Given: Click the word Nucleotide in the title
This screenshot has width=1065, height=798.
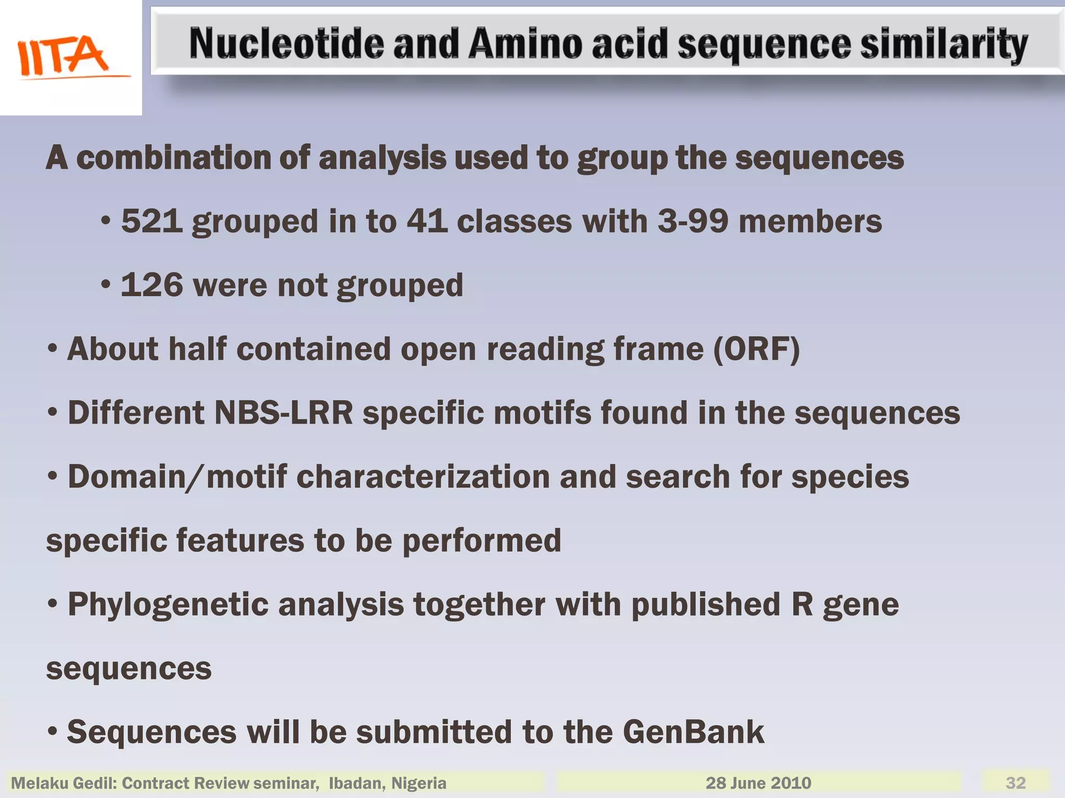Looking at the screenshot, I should (286, 44).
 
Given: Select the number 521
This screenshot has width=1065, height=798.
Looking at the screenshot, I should (152, 221).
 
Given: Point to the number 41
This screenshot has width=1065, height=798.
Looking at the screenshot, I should (427, 221).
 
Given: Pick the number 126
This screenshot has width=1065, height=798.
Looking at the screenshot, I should (152, 285).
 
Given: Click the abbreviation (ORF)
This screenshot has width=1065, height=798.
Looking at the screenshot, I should (756, 349).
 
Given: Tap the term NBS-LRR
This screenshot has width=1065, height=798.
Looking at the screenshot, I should (283, 413).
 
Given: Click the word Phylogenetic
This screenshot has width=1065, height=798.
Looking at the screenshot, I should (168, 605).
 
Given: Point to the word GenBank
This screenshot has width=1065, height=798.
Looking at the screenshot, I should (693, 732).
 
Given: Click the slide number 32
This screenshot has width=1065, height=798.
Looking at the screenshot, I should (1016, 782).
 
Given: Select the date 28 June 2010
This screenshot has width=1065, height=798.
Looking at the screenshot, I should (758, 782).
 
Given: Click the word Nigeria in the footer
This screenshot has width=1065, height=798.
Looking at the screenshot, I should (419, 783).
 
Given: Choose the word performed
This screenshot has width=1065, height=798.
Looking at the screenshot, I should (482, 541).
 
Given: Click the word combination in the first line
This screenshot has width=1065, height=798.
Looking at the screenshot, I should (173, 158).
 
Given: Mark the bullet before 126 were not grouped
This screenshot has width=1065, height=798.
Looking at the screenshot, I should (106, 285).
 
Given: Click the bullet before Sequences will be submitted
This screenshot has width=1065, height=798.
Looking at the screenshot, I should (52, 731).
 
